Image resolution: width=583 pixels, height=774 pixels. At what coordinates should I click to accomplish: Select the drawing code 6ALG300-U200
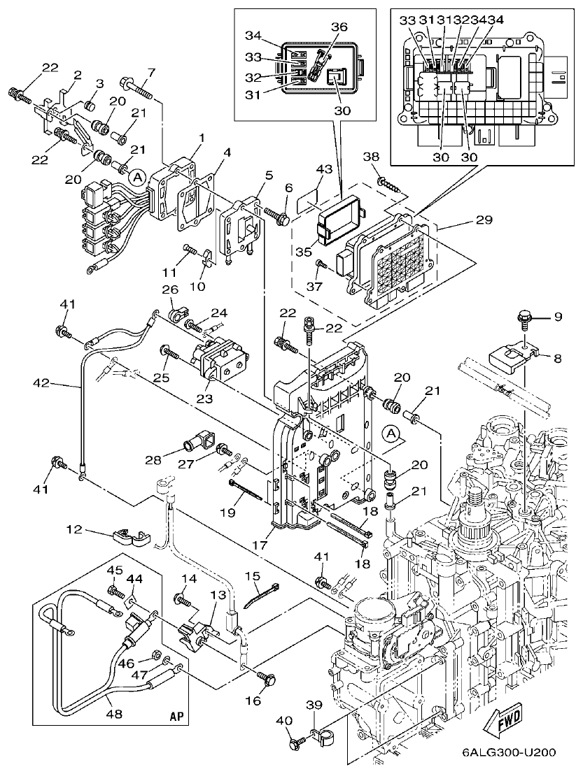pyautogui.click(x=509, y=753)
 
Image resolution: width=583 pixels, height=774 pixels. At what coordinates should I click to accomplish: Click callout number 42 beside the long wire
pyautogui.click(x=42, y=383)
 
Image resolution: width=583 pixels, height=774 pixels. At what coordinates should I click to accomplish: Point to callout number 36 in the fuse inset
pyautogui.click(x=339, y=27)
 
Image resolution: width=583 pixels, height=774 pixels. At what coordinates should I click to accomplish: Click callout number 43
pyautogui.click(x=323, y=170)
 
